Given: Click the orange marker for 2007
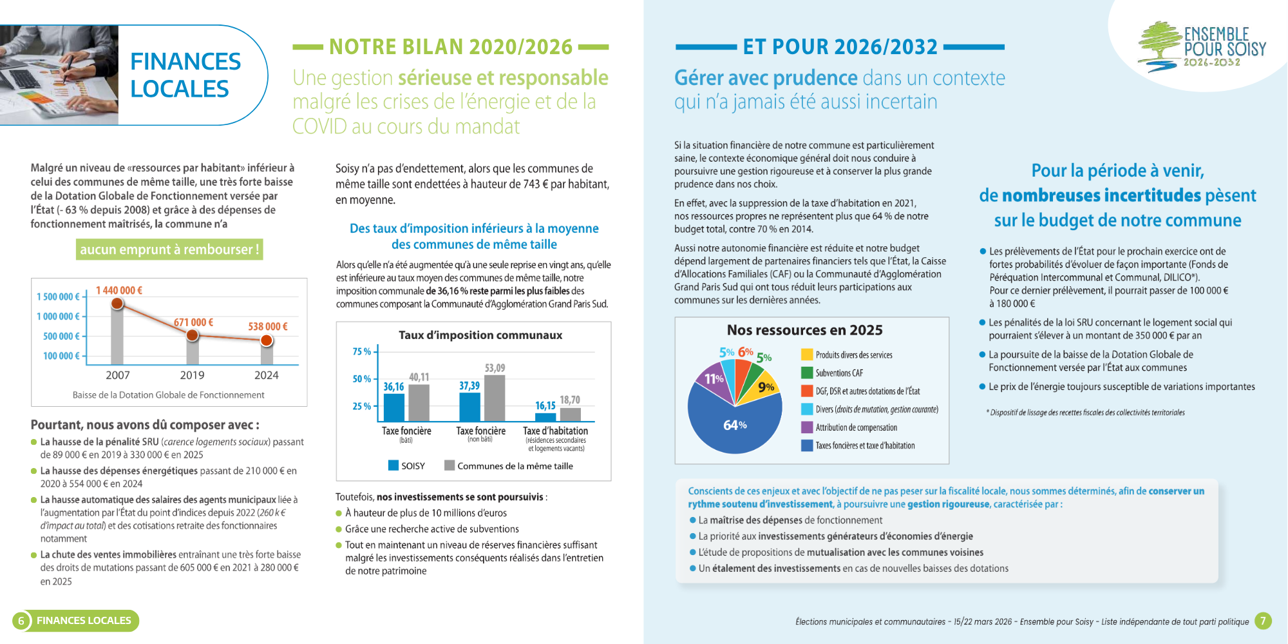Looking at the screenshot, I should (117, 304).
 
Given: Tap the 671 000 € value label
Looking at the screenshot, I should (193, 322).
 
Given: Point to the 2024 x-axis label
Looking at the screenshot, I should (266, 375).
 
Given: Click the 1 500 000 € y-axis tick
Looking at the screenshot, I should (58, 297).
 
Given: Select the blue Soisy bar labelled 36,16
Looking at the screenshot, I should (393, 407).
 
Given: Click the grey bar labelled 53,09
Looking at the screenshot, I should (495, 398).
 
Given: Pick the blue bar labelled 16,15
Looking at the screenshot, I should (545, 416).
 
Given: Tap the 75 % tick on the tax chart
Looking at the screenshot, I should (362, 352).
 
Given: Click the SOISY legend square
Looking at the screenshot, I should (393, 465).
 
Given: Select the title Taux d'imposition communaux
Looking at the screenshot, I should (480, 335).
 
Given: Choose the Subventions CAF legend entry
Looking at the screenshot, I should (838, 373).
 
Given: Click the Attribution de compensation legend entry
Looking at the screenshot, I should (855, 427).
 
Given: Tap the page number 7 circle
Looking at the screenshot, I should (1263, 621).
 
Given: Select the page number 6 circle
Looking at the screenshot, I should (21, 621).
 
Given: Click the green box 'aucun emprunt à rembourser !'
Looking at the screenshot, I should (169, 249).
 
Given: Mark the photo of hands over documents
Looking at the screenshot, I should (59, 75).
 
